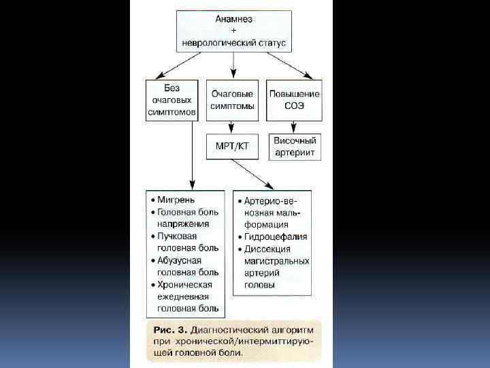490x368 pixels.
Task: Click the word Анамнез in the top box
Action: [x=233, y=19]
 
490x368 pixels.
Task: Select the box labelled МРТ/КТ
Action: [x=232, y=147]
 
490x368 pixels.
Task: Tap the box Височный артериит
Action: [x=294, y=147]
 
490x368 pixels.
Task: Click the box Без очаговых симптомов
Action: [x=172, y=100]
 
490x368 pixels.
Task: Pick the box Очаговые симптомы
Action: [x=232, y=100]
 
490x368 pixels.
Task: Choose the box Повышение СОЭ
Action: [x=294, y=100]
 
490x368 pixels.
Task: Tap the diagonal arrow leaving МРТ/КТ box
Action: [x=252, y=174]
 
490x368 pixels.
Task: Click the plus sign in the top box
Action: [x=233, y=31]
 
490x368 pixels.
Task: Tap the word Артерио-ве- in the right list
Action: [x=273, y=200]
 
